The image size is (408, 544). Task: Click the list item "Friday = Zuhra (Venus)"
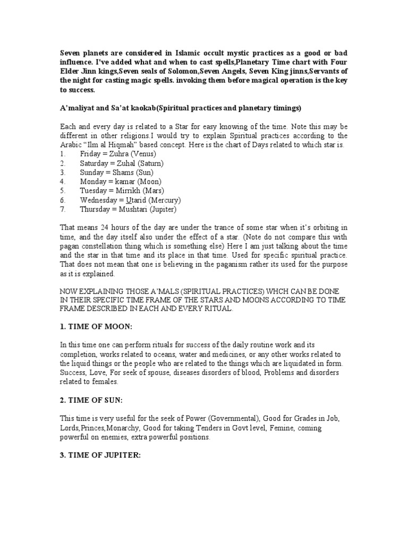point(120,154)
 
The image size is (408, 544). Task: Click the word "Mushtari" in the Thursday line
point(132,209)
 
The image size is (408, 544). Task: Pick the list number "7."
point(63,209)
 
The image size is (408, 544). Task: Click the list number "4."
point(63,181)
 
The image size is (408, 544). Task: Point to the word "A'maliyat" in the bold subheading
point(78,108)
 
